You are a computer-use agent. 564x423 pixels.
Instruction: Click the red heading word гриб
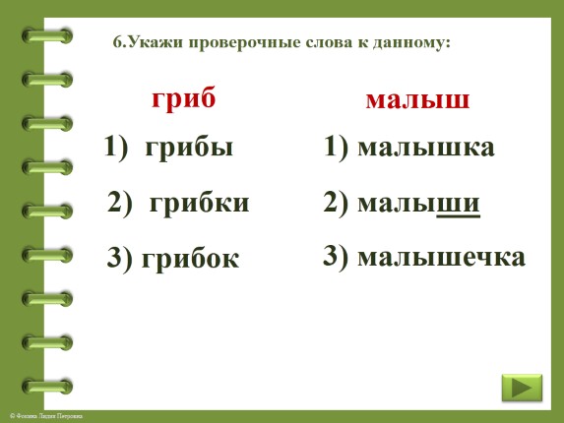click(x=183, y=99)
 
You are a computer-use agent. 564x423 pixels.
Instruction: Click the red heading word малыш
click(x=416, y=100)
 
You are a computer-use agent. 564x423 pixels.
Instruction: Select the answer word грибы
click(x=189, y=149)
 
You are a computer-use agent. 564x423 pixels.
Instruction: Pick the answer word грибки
click(x=199, y=204)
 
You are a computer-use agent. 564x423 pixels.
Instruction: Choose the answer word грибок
click(x=190, y=259)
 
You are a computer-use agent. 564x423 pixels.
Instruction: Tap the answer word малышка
click(x=426, y=148)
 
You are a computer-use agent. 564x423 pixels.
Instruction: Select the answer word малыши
click(x=419, y=203)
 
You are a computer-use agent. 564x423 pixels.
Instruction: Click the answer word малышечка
click(x=442, y=258)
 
